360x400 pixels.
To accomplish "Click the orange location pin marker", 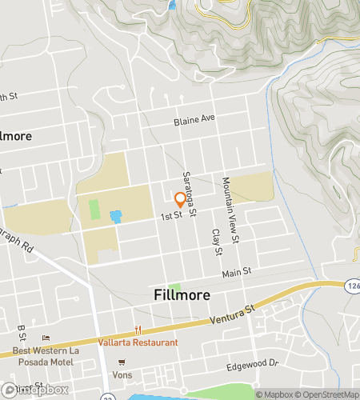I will tap(180, 199).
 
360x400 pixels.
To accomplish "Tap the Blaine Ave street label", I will tap(195, 121).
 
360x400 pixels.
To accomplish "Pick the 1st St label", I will tap(172, 215).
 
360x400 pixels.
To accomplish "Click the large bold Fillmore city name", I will tap(182, 295).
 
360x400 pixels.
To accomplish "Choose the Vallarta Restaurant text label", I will tap(140, 342).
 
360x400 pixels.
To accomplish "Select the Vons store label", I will tap(122, 374).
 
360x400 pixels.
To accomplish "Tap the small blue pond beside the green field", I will tap(116, 216).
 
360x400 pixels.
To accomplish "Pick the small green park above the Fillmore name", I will tap(174, 287).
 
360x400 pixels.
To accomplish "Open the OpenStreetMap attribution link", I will tap(329, 394).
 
